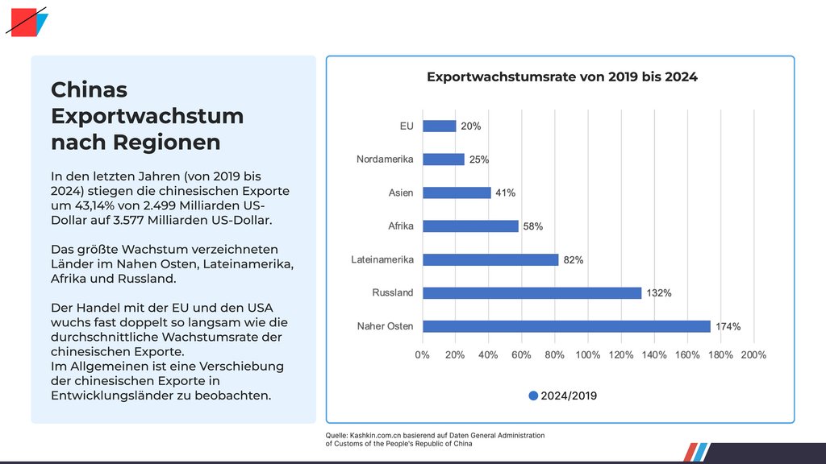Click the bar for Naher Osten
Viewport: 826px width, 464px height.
click(565, 326)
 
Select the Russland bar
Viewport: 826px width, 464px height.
click(532, 293)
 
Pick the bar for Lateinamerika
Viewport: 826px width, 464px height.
click(490, 259)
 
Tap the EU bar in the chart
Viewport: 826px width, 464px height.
click(439, 126)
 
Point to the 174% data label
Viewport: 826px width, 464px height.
click(729, 326)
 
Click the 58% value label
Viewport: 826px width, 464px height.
click(532, 226)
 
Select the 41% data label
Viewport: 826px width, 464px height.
click(506, 193)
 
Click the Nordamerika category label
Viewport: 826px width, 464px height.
click(385, 159)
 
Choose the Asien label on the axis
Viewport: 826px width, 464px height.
click(400, 193)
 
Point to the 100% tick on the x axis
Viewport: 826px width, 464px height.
click(588, 354)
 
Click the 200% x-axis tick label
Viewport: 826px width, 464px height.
click(753, 354)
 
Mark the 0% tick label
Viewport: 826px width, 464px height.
click(422, 354)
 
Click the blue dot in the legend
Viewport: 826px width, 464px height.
click(532, 396)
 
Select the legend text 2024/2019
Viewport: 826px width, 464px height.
click(569, 396)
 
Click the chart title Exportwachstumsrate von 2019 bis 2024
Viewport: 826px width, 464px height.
click(561, 77)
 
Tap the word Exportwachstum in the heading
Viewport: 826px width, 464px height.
click(147, 116)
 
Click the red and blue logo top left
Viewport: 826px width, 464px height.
click(27, 22)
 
